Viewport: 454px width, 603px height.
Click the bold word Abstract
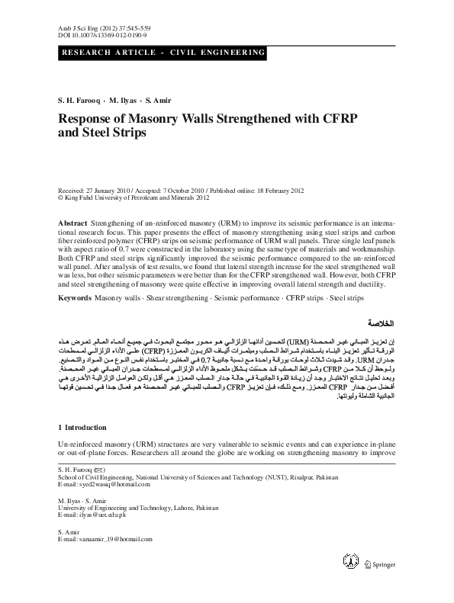point(72,220)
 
